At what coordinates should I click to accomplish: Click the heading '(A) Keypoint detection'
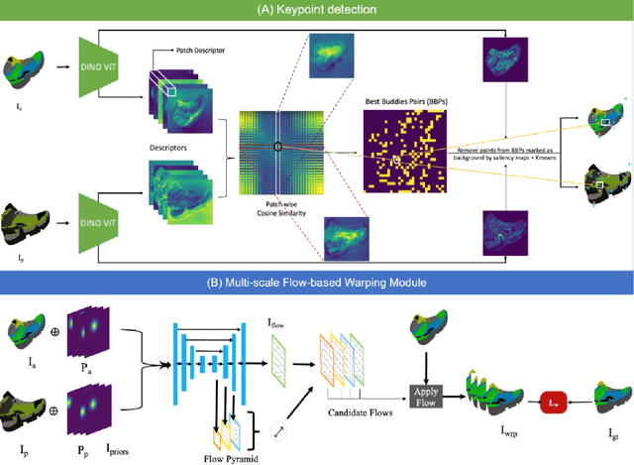click(316, 10)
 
